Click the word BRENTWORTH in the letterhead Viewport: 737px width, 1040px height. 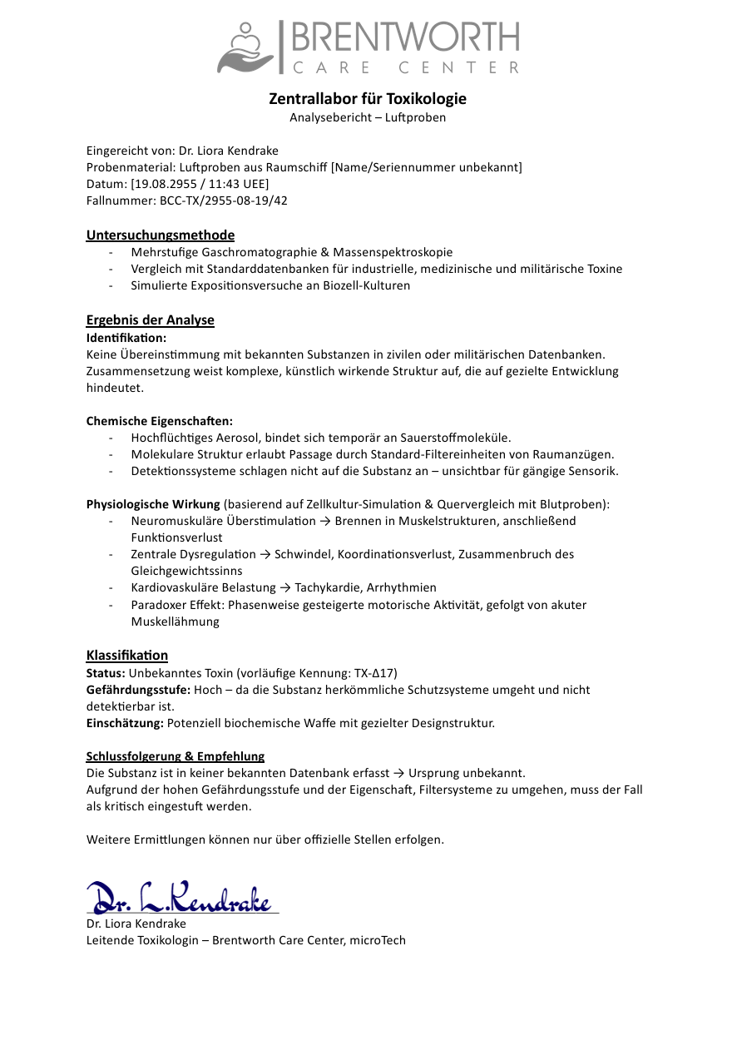pos(404,37)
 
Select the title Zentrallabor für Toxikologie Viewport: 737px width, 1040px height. pos(368,99)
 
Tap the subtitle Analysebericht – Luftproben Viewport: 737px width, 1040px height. pos(368,117)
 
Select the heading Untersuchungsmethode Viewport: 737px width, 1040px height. pos(161,235)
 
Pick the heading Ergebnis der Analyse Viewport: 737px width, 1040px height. pos(150,320)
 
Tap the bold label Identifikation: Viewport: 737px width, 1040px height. pos(126,338)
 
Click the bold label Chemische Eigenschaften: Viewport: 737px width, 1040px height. pos(160,421)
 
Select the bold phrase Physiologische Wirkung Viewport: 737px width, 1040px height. pos(153,504)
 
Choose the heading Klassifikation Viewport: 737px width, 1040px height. pos(127,655)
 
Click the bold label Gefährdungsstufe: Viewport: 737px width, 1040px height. pos(139,690)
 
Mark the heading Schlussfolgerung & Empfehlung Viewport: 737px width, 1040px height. pos(176,756)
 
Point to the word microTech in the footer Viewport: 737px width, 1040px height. pos(378,940)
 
